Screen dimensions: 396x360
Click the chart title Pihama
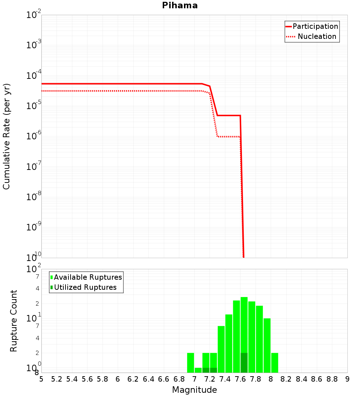pos(180,5)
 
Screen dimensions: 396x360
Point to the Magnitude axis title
pos(194,390)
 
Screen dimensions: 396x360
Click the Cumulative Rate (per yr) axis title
pos(7,136)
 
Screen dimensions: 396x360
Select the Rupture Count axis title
pos(14,321)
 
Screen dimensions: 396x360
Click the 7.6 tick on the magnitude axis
pos(240,379)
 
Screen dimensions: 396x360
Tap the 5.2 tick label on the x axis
pos(57,379)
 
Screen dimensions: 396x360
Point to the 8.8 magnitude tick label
pos(332,379)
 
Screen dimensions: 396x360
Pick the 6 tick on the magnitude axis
pos(118,379)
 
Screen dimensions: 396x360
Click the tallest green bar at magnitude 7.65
pos(244,324)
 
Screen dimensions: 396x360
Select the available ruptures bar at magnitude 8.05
pos(275,363)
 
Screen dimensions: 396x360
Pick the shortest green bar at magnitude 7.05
pos(198,370)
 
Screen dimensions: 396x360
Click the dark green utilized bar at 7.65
pos(244,363)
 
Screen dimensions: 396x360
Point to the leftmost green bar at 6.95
pos(190,363)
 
